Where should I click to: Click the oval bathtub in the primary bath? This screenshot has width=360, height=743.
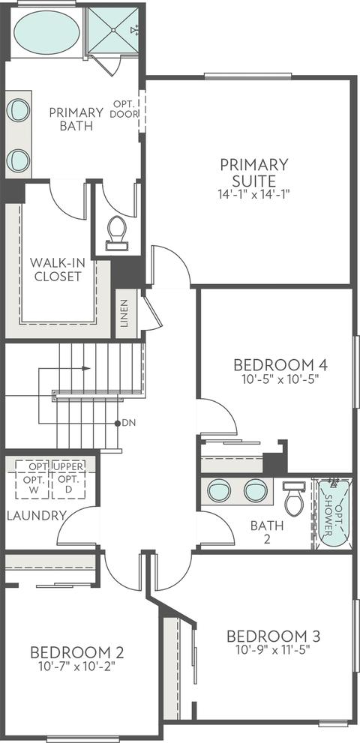tap(46, 31)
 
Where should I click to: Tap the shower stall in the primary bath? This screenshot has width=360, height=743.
tap(113, 30)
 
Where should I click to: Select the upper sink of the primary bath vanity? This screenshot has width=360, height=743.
tap(18, 110)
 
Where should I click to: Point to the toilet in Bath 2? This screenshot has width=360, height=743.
tap(293, 498)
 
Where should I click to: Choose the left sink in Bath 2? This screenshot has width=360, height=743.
tap(219, 490)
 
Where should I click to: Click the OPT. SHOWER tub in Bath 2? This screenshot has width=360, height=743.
tap(334, 513)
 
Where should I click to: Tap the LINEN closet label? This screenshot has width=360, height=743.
tap(124, 313)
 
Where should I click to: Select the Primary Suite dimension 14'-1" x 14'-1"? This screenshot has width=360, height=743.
tap(254, 193)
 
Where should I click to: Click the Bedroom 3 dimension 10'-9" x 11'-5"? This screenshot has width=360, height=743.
tap(273, 649)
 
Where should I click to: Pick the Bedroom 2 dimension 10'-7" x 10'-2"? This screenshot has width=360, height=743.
tap(76, 666)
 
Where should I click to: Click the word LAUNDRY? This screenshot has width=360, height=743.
tap(37, 516)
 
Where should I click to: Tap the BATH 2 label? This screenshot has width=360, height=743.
tap(267, 532)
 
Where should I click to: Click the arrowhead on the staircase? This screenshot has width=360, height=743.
tap(87, 368)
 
